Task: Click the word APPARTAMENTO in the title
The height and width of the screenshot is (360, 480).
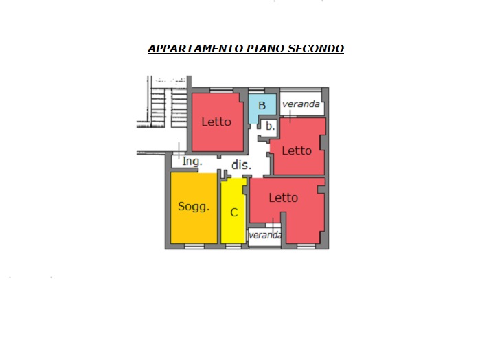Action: point(196,48)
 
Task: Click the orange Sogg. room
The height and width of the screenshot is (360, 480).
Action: point(194,208)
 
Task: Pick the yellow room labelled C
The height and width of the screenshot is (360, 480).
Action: point(233,212)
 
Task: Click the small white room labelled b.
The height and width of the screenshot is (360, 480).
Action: point(269,126)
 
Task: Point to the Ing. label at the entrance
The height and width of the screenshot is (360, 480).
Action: point(192,161)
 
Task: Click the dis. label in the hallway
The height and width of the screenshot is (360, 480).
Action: point(241,165)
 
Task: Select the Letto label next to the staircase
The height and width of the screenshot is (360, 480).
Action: point(216,122)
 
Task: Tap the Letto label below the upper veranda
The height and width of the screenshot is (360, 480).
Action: point(297,150)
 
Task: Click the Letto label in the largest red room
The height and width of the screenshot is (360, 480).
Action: point(284,198)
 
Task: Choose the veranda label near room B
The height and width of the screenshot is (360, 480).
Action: point(301,104)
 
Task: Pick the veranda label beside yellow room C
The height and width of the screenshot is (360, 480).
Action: point(265,235)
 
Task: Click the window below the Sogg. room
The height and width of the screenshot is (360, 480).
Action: point(194,247)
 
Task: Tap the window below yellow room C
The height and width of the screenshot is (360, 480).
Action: point(233,247)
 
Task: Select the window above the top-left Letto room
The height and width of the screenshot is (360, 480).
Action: point(221,90)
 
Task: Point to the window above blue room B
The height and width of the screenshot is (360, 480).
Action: point(256,90)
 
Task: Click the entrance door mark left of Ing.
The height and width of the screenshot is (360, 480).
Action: point(179,150)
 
